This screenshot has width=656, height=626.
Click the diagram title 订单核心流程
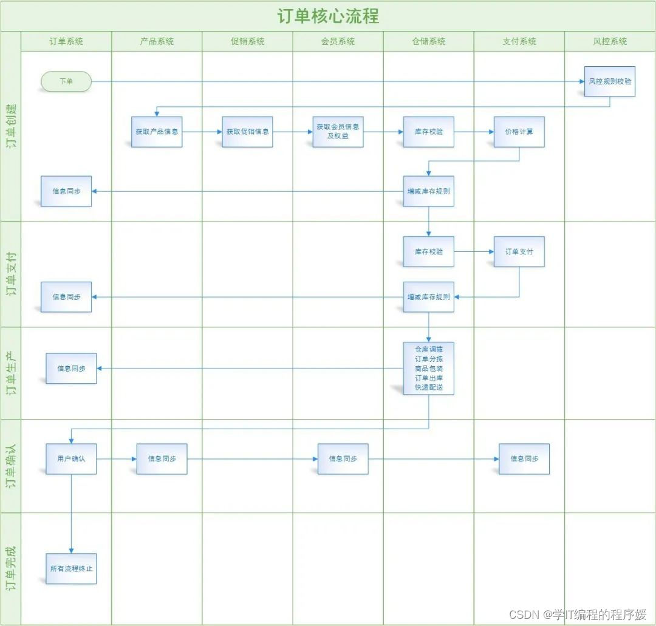tap(328, 16)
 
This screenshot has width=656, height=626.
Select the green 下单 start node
tap(66, 81)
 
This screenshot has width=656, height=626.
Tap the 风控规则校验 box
tap(610, 81)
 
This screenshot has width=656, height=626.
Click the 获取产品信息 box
tap(157, 131)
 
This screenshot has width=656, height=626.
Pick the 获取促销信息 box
tap(247, 131)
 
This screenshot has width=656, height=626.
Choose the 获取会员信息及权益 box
tap(338, 131)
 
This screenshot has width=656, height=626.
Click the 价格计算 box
tap(519, 131)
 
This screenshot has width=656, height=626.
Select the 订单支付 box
tap(519, 251)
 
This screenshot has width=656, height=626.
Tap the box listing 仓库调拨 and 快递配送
tap(428, 368)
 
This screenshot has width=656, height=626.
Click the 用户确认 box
tap(71, 458)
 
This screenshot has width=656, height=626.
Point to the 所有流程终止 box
tap(71, 569)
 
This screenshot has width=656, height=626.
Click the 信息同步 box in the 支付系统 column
tap(524, 458)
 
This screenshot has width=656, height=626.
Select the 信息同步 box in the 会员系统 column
tap(343, 458)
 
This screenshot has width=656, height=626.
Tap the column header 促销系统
tap(247, 41)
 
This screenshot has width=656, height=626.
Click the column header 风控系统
tap(610, 41)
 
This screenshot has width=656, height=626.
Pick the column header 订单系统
tap(66, 41)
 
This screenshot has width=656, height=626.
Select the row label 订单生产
tap(11, 373)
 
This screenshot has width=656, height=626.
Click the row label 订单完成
tap(11, 568)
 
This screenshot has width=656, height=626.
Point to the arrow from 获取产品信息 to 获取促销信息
tap(202, 131)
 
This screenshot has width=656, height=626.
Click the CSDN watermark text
tap(577, 614)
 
